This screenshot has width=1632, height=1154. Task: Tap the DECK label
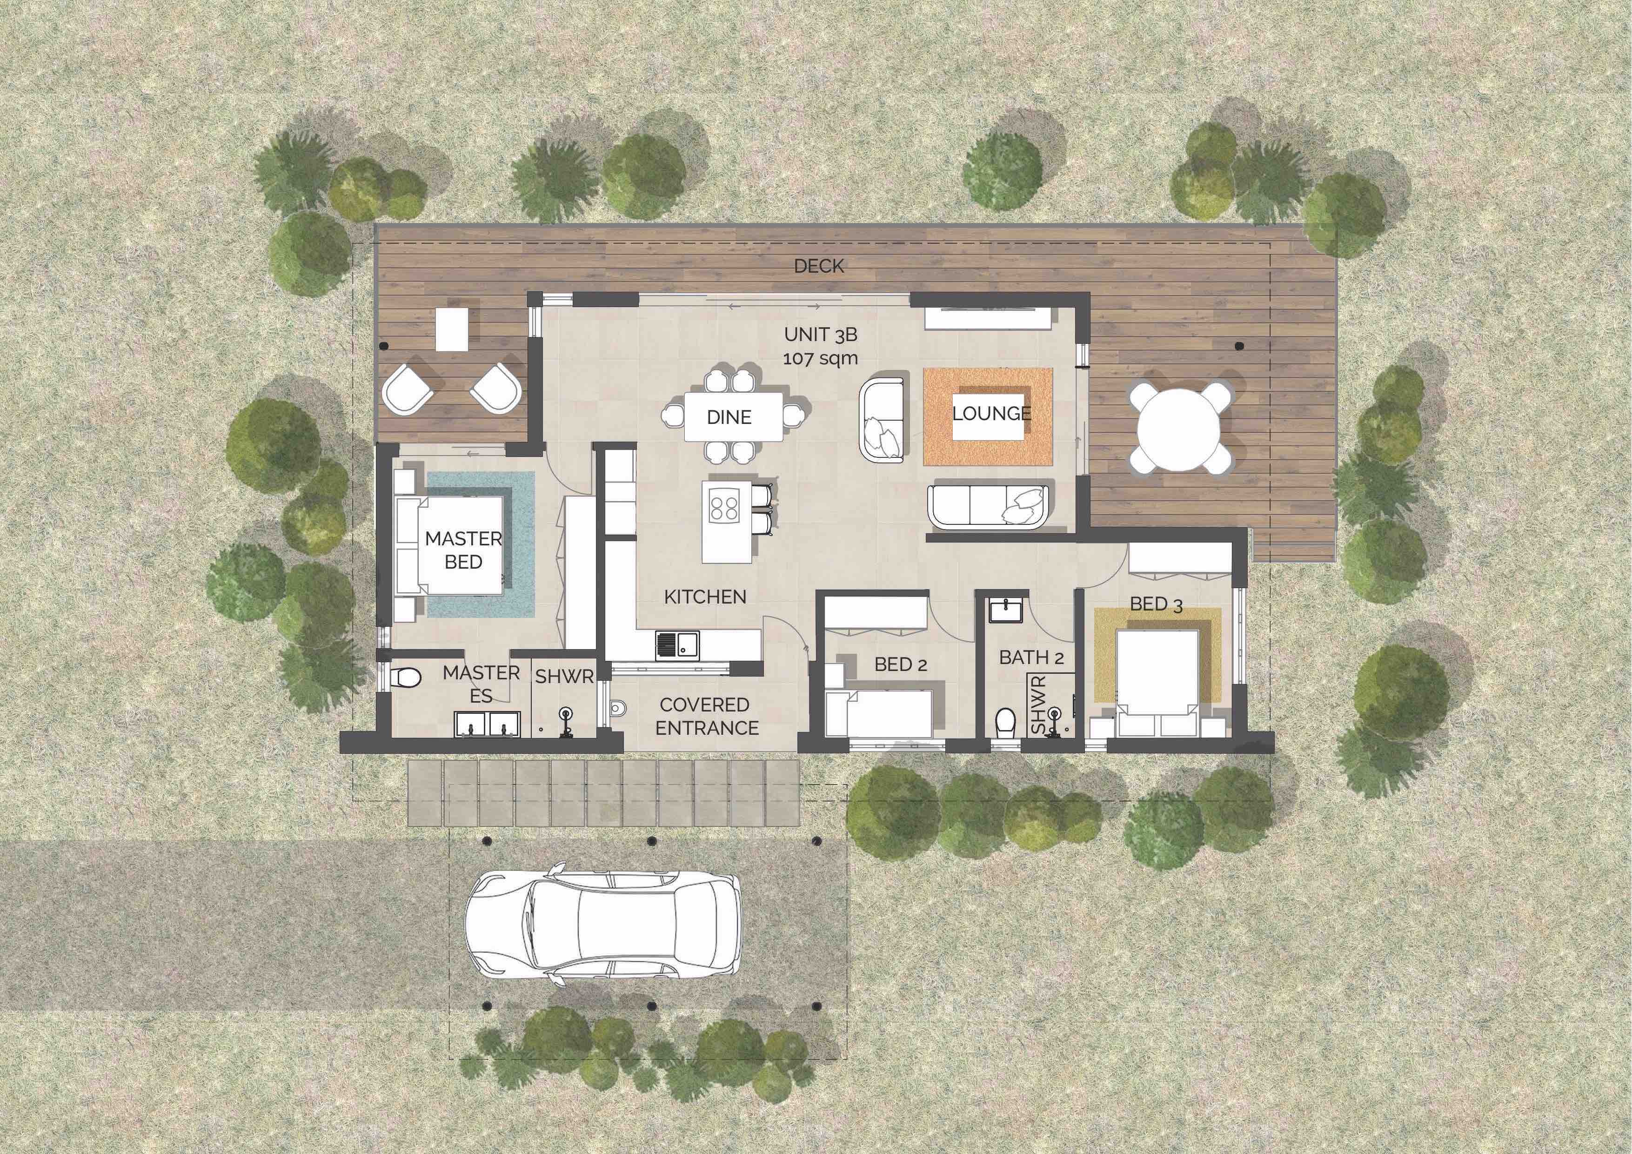pos(819,266)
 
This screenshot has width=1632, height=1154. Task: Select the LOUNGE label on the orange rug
pos(991,413)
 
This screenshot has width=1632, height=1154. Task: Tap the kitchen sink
pos(677,644)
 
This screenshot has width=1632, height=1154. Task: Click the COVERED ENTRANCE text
pos(707,716)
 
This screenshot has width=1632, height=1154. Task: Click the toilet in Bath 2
pos(1005,722)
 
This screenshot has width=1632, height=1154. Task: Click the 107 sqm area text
pos(820,358)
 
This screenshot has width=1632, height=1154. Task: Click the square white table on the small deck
pos(453,329)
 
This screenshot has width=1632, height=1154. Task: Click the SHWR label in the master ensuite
pos(564,677)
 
